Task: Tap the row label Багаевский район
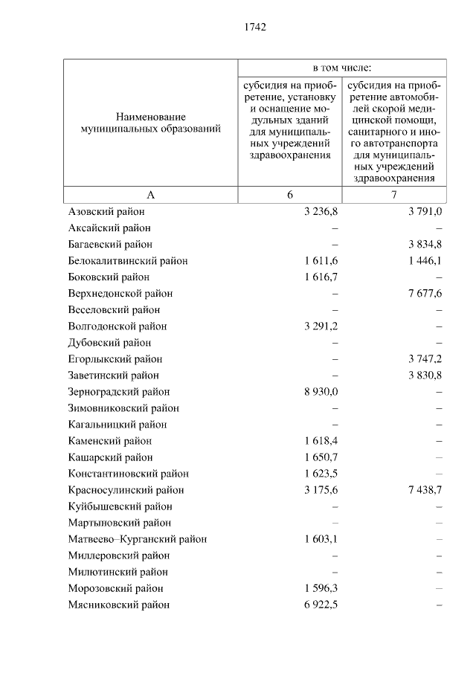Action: pos(110,245)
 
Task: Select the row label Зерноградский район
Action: pos(119,392)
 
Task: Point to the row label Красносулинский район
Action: pos(126,490)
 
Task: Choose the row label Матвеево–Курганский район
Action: pos(138,539)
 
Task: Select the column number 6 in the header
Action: pos(290,195)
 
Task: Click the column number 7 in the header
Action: pos(394,195)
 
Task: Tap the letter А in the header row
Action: pos(150,195)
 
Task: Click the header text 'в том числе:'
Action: pos(342,67)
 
